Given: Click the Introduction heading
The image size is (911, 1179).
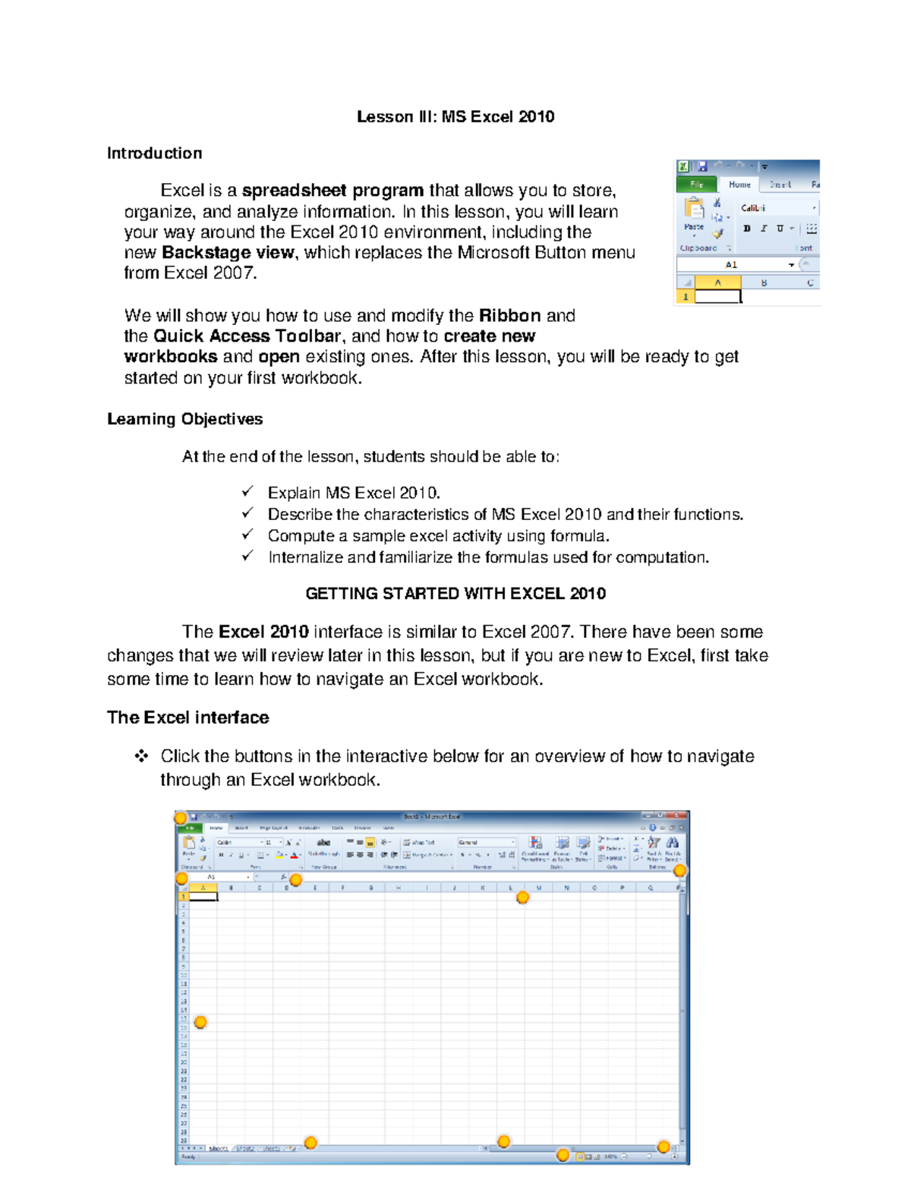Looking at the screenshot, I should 154,153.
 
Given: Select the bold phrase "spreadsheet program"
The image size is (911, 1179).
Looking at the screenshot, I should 333,191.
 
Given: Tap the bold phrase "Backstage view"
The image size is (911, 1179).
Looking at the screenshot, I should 228,253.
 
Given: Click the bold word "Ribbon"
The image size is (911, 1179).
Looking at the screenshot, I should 509,316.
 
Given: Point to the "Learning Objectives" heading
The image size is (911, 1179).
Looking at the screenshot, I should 184,419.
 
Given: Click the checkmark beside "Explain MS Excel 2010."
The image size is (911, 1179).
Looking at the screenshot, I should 247,492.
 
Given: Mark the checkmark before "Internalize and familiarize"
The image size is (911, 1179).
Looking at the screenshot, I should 247,556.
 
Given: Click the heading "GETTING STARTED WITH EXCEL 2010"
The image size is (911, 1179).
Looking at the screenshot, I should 455,594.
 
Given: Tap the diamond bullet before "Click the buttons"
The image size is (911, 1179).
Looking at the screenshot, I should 141,756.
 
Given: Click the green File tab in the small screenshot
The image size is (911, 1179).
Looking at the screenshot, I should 696,184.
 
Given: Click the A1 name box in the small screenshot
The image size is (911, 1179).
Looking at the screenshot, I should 731,265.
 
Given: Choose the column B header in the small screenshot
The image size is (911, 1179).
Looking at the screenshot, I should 764,282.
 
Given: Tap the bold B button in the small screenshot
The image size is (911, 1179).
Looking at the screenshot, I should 747,228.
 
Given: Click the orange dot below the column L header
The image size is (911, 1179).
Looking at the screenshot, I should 522,897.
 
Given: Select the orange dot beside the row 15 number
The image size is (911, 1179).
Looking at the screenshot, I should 200,1023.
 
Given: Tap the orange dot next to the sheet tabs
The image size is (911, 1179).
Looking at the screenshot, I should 310,1143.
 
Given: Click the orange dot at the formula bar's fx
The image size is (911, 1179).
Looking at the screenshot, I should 296,880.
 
